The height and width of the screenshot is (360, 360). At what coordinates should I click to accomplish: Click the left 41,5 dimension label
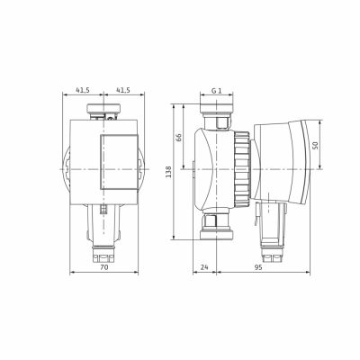(83, 90)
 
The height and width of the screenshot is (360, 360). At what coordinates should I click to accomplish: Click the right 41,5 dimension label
(123, 90)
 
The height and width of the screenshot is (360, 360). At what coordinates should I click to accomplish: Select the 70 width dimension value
(103, 267)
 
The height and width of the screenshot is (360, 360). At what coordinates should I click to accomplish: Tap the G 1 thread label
(216, 90)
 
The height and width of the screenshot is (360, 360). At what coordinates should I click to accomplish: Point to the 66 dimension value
(178, 138)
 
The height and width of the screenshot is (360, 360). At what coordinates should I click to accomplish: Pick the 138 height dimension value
(168, 172)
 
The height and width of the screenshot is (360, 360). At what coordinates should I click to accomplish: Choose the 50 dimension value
(315, 145)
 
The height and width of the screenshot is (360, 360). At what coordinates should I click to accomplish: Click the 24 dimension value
(204, 267)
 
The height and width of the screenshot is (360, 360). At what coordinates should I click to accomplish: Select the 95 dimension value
(258, 267)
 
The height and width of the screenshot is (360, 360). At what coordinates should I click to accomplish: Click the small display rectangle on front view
(119, 162)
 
